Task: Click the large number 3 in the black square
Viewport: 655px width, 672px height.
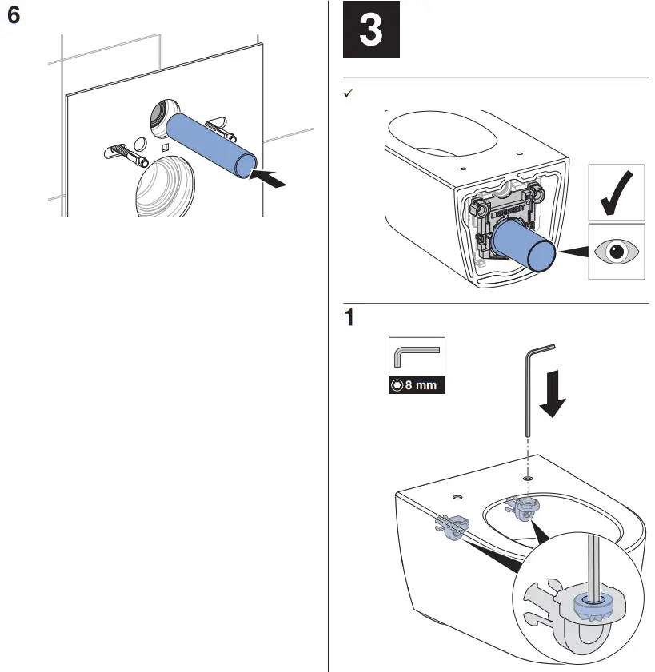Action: click(x=371, y=31)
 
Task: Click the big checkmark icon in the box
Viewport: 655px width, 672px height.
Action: click(x=617, y=193)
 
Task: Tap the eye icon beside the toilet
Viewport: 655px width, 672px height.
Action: click(x=617, y=251)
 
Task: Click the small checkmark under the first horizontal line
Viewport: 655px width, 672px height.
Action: click(x=348, y=94)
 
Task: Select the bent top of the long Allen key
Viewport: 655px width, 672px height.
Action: click(x=540, y=348)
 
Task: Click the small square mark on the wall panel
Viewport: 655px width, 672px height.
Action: click(x=164, y=148)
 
